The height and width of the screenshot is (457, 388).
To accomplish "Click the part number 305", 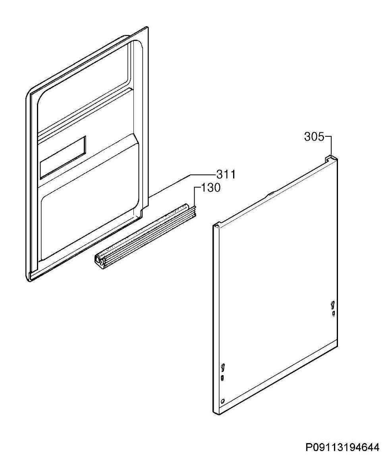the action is click(314, 137).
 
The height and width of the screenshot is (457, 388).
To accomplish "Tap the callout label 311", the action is click(226, 174).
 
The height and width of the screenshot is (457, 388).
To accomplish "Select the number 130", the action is click(211, 188).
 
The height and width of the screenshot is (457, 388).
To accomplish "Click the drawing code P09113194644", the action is click(343, 447).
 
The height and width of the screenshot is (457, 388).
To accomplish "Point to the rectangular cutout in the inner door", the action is click(63, 157).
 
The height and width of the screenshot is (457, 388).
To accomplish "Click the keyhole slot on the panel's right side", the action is click(333, 304).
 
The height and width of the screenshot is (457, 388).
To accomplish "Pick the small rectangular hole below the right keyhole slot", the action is click(333, 313).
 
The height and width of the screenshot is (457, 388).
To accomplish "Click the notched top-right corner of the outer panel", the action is click(332, 158).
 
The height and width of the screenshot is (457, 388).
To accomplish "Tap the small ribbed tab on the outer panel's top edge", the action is click(270, 193).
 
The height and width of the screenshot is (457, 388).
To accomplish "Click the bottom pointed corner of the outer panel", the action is click(216, 413).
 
